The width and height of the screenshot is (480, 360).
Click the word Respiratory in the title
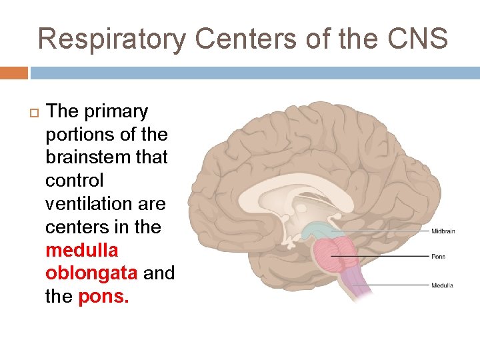pyautogui.click(x=111, y=39)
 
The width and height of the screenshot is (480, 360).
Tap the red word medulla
pyautogui.click(x=81, y=250)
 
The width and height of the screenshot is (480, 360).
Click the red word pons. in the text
pyautogui.click(x=104, y=296)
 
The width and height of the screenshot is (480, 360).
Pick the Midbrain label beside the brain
pyautogui.click(x=443, y=231)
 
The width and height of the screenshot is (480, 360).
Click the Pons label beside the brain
pyautogui.click(x=438, y=257)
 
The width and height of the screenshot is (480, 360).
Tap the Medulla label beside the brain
pyautogui.click(x=442, y=285)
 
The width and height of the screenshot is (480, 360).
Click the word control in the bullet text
pyautogui.click(x=74, y=181)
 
